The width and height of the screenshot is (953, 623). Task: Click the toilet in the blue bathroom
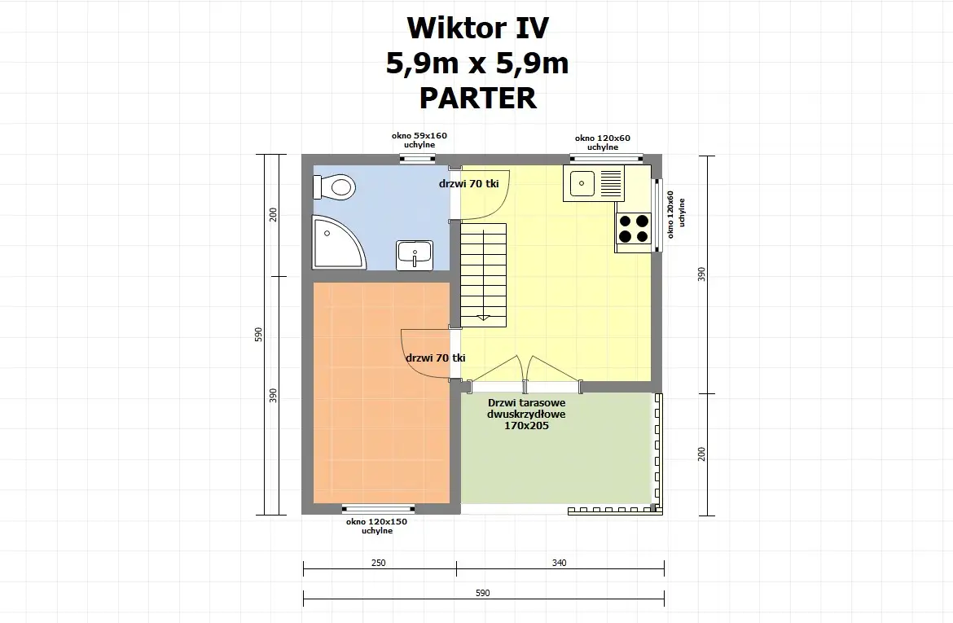(x=338, y=187)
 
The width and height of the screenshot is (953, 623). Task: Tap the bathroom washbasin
(x=415, y=254)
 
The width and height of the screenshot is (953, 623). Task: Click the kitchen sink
(x=594, y=183)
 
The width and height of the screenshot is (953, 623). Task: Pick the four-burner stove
(x=634, y=228)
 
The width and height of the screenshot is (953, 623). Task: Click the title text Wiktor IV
(x=477, y=28)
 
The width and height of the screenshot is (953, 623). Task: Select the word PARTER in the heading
(x=477, y=98)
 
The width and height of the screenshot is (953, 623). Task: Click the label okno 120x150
(x=376, y=521)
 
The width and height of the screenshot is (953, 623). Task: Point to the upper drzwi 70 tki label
(x=468, y=184)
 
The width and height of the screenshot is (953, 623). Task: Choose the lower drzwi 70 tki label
(x=436, y=358)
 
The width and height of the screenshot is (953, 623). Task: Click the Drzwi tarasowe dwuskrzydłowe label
(x=527, y=414)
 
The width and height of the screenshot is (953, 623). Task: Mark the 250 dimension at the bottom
(x=378, y=563)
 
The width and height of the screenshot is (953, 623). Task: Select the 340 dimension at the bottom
(x=559, y=563)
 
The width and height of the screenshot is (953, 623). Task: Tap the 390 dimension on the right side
(x=701, y=274)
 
